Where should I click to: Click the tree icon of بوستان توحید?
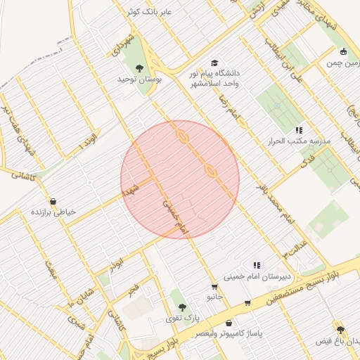[x=139, y=68]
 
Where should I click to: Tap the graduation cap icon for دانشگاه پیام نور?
[x=214, y=62]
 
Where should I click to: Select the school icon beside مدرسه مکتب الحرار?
[x=299, y=130]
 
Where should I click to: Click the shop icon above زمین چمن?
[x=342, y=51]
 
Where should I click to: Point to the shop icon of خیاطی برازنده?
[x=53, y=201]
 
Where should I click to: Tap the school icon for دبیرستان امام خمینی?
[x=257, y=265]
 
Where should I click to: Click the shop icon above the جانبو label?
[x=214, y=286]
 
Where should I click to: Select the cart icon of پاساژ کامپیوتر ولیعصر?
[x=247, y=303]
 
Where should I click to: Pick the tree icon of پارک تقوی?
[x=183, y=307]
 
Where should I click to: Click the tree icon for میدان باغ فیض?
[x=340, y=330]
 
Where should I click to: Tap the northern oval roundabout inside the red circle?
[x=181, y=136]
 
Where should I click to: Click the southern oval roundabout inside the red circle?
[x=210, y=170]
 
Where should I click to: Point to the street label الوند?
[x=88, y=142]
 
